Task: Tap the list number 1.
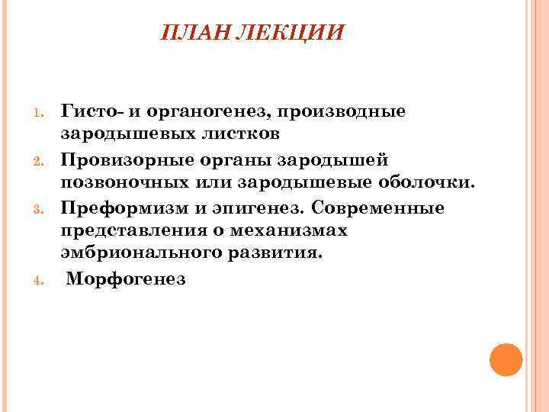[43, 114]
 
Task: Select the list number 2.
[43, 161]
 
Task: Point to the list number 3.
[43, 208]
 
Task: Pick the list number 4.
[43, 280]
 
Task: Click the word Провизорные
[125, 159]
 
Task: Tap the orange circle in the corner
[506, 359]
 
